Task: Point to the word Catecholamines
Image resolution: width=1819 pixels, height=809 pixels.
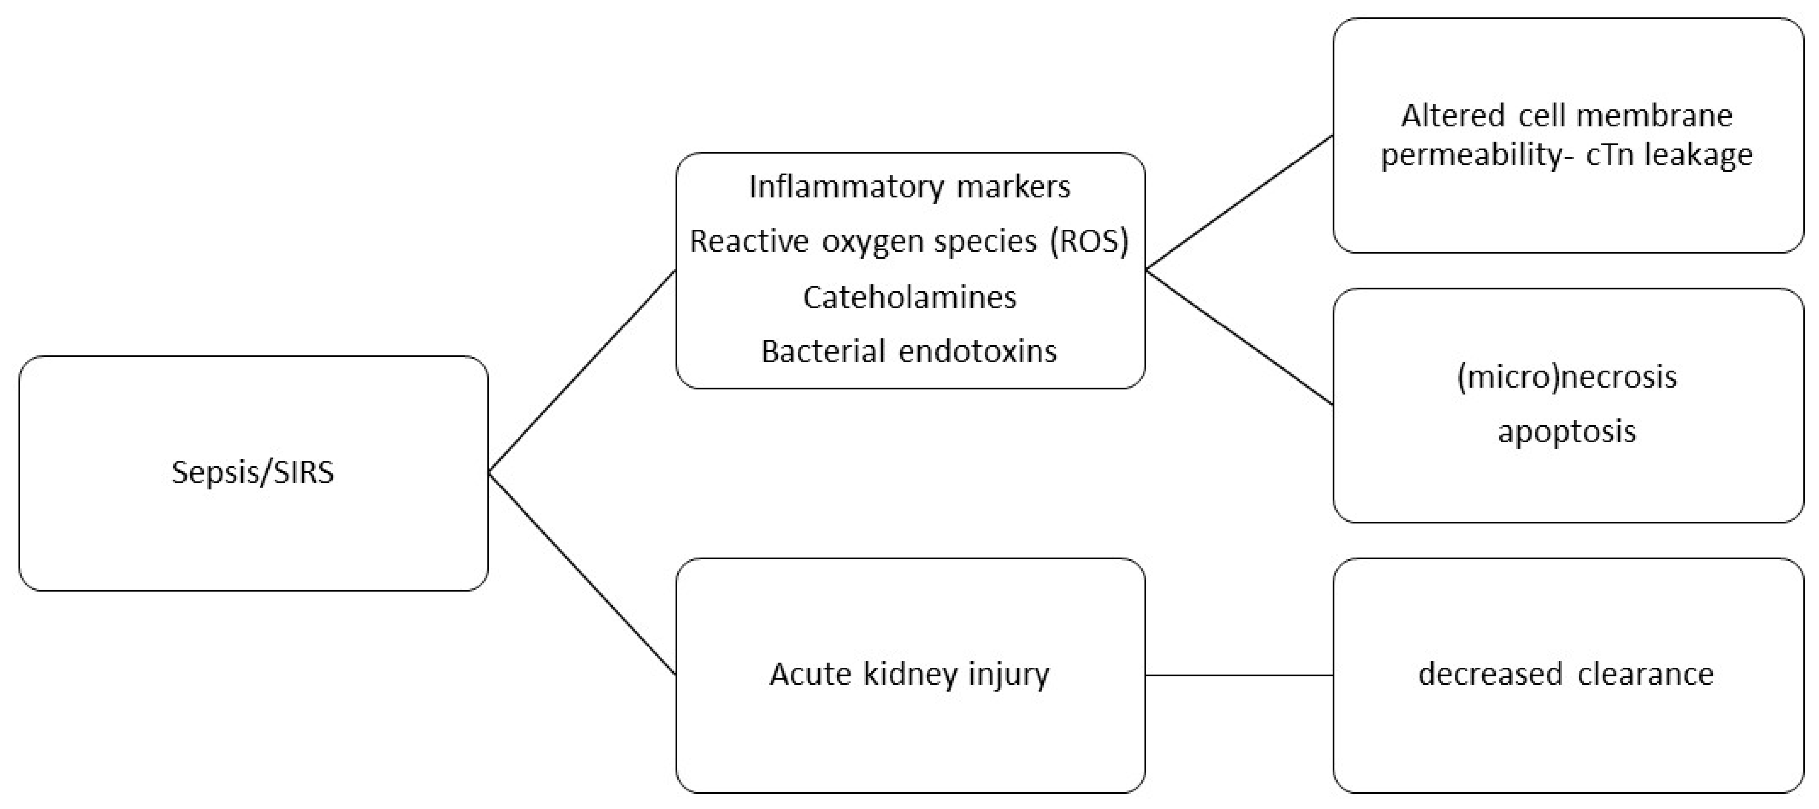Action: pyautogui.click(x=909, y=297)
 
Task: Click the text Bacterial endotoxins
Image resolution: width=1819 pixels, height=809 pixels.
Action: pyautogui.click(x=909, y=351)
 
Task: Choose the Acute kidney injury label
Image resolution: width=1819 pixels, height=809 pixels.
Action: pyautogui.click(x=909, y=674)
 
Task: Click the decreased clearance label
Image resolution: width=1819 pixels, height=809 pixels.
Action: pyautogui.click(x=1566, y=674)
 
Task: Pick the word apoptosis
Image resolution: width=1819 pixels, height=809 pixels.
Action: pyautogui.click(x=1566, y=431)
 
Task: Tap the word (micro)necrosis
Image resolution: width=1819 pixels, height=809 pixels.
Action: pyautogui.click(x=1566, y=377)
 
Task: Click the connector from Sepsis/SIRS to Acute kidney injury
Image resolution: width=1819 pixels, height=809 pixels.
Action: pyautogui.click(x=582, y=573)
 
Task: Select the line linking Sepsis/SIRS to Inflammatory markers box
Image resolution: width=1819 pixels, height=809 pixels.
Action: pyautogui.click(x=582, y=371)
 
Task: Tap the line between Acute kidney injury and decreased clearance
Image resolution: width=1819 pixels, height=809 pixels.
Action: pyautogui.click(x=1239, y=675)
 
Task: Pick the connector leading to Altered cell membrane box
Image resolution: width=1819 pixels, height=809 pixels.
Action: pyautogui.click(x=1239, y=202)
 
